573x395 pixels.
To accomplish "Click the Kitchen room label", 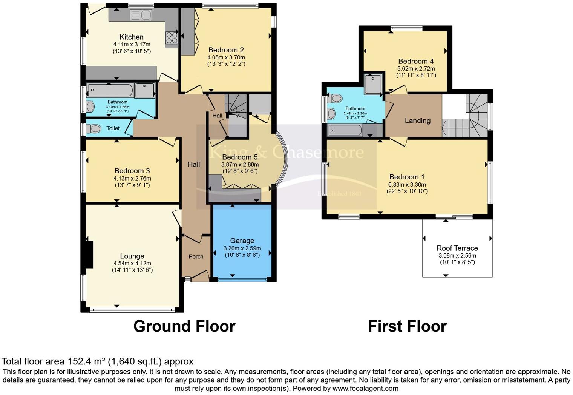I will point(132,37).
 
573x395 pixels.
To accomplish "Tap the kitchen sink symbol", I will point(141,15).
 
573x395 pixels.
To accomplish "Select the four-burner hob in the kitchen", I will point(172,38).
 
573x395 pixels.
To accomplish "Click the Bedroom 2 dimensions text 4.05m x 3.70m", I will point(226,57).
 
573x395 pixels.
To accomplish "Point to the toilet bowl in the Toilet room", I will point(94,129).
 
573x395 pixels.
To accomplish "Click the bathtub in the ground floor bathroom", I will point(110,91).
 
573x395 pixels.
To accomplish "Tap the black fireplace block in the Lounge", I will point(89,255).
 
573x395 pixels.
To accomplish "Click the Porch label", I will point(196,256).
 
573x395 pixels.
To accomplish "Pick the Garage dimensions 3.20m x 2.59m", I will point(242,248).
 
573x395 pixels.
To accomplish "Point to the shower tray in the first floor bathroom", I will point(372,84).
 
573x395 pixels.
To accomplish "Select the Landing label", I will point(417,120).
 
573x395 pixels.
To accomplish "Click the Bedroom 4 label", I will point(416,61).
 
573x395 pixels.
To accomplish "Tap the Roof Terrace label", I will point(457,248).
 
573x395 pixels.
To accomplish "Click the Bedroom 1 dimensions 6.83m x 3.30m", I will point(407,185).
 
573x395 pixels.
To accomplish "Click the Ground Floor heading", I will point(184,326).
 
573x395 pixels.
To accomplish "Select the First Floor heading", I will point(407,326).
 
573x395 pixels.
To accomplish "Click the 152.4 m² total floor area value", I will point(87,361).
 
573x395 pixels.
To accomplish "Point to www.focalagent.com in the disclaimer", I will point(365,388).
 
